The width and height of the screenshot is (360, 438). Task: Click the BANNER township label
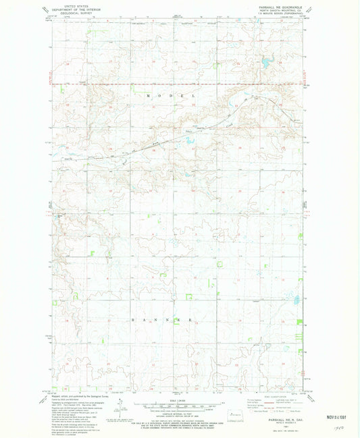pos(161,318)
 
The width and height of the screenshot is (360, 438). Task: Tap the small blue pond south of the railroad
pos(187,142)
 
